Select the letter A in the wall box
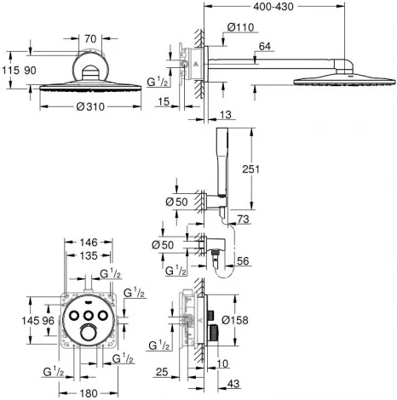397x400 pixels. (x=195, y=64)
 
